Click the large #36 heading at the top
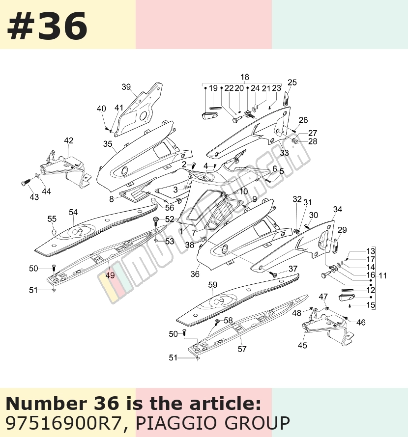pos(47,27)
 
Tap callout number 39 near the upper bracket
pos(126,87)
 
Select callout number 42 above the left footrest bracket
pos(69,140)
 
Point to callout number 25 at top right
pos(292,82)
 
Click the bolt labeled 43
pos(25,183)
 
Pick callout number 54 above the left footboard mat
pos(73,213)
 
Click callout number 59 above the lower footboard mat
pos(213,285)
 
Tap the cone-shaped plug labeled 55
pos(54,232)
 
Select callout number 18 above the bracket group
pos(245,77)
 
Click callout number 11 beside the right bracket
pos(382,275)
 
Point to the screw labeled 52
pos(155,221)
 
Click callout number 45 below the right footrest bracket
pos(302,345)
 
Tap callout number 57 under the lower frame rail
pos(242,349)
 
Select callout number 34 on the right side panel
pos(338,209)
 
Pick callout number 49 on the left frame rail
pos(110,275)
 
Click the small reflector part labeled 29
pos(335,245)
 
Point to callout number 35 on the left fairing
pos(108,144)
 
